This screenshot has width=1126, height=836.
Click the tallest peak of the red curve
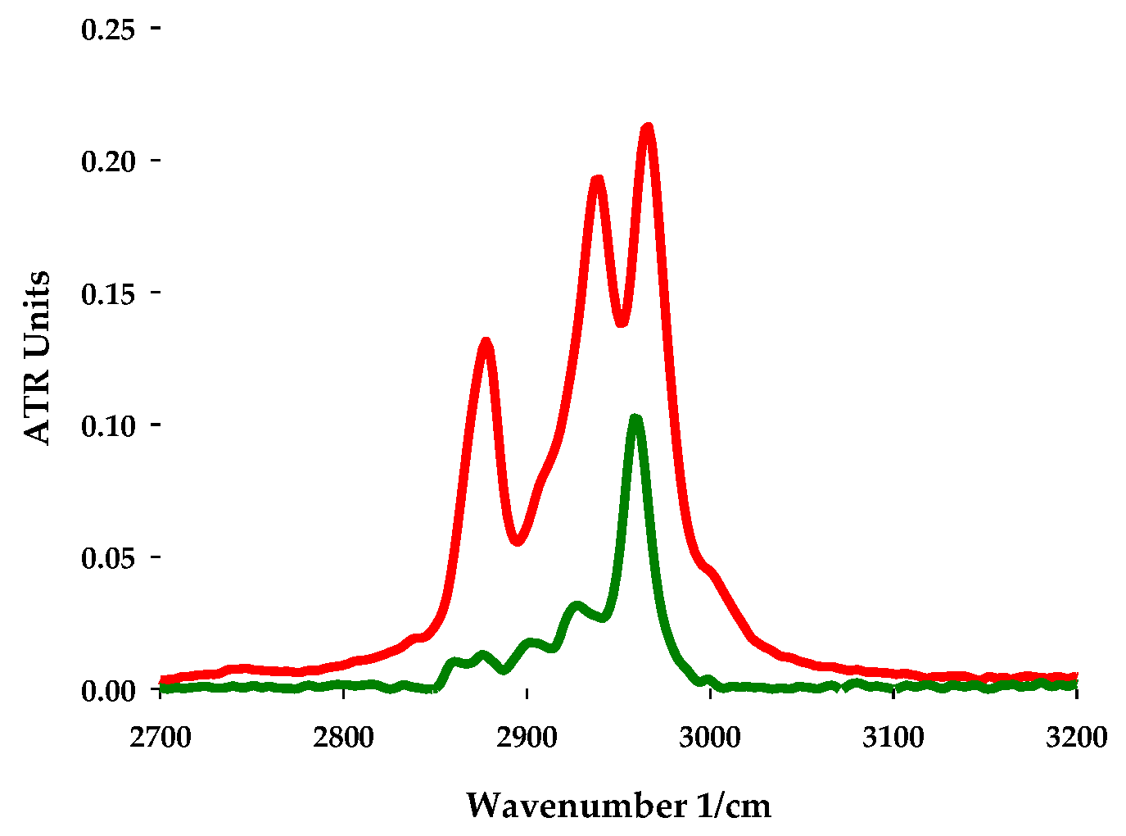coord(648,129)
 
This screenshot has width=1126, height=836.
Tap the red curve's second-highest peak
coord(597,180)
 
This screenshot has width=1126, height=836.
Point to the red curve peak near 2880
coord(486,342)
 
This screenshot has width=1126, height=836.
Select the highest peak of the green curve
coord(635,420)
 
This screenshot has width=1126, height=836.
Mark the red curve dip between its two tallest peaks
coord(622,320)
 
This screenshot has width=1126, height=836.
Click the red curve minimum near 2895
coord(517,541)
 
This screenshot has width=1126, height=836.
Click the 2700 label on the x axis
coord(161,737)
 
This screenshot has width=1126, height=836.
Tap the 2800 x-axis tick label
coord(344,737)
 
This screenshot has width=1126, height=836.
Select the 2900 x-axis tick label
coord(527,737)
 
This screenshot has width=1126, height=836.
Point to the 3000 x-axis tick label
coord(711,737)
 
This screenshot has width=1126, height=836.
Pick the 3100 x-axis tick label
coord(893,737)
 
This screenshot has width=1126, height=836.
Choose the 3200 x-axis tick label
coord(1077,737)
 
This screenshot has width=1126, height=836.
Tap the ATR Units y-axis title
coord(38,357)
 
